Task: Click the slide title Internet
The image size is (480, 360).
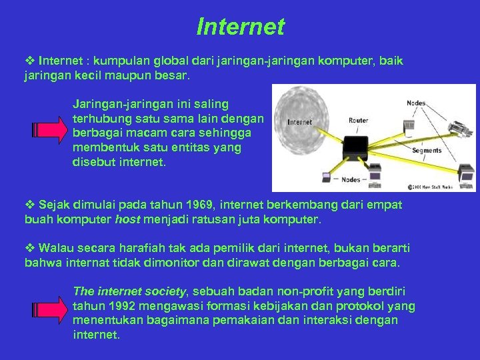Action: coord(240,27)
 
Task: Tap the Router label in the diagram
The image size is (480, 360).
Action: coord(358,121)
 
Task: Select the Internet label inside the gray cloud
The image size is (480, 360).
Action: coord(299,122)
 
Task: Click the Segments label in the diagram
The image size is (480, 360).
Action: coord(427,151)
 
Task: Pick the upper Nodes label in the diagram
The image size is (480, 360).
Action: coord(416,103)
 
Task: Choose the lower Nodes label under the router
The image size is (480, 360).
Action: coord(351,179)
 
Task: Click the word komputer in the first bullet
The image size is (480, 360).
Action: coord(345,61)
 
